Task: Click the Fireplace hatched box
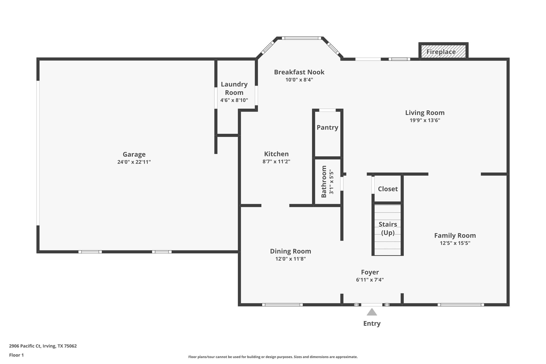pos(443,52)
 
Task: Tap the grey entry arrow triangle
pos(372,312)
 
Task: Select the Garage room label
pos(134,154)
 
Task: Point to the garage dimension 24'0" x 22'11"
pos(134,162)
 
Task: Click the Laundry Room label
pos(234,88)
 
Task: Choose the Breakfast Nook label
pos(299,72)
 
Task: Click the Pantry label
pos(327,127)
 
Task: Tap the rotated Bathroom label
pos(324,181)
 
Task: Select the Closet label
pos(388,189)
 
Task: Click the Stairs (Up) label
pos(388,228)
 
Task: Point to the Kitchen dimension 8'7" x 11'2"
pos(276,161)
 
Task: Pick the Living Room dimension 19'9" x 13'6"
pos(425,120)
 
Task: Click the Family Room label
pos(455,236)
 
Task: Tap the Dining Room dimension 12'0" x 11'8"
pos(291,259)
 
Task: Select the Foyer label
pos(370,272)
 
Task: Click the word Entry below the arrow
pos(372,324)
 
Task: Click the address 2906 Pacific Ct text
pos(25,346)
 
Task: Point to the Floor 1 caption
pos(16,355)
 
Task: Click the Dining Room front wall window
pos(282,305)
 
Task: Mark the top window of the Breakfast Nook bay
pos(301,38)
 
